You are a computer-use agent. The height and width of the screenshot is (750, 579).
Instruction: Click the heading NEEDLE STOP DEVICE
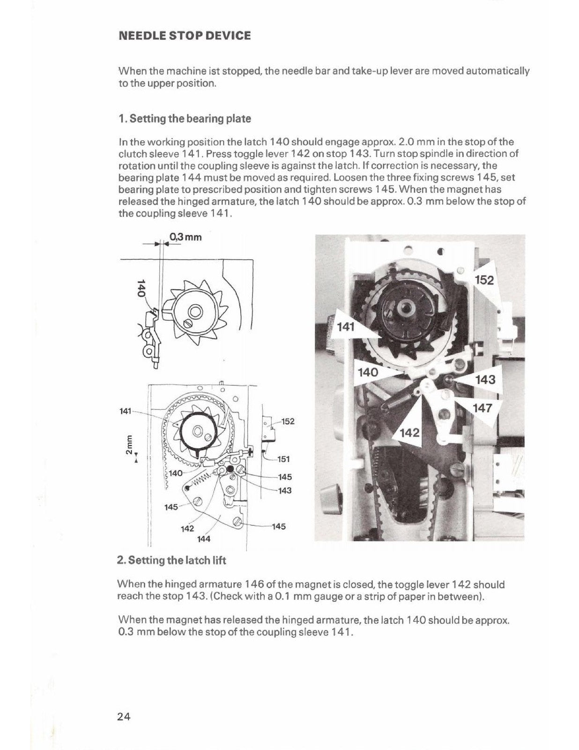click(x=185, y=36)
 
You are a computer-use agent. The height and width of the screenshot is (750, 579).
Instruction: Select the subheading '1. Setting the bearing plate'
click(x=185, y=119)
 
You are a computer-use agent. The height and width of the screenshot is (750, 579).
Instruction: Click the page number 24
click(x=124, y=716)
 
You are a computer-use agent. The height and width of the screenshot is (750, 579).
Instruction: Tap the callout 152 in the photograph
click(x=484, y=280)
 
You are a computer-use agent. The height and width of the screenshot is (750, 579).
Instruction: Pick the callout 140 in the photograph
click(x=368, y=373)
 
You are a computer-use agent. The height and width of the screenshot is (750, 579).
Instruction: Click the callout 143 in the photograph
click(x=485, y=379)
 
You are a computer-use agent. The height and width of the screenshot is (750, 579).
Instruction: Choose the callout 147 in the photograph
click(x=482, y=408)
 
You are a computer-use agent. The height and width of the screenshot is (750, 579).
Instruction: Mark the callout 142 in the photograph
click(x=409, y=433)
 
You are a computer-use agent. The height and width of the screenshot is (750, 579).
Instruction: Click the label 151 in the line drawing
click(x=284, y=459)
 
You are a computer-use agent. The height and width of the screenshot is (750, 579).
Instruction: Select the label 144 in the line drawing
click(x=203, y=539)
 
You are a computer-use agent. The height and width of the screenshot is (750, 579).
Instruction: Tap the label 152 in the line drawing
click(x=287, y=421)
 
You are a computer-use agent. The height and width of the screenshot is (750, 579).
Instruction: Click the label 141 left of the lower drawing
click(x=126, y=411)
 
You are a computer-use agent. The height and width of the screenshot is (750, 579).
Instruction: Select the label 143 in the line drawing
click(x=284, y=490)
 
